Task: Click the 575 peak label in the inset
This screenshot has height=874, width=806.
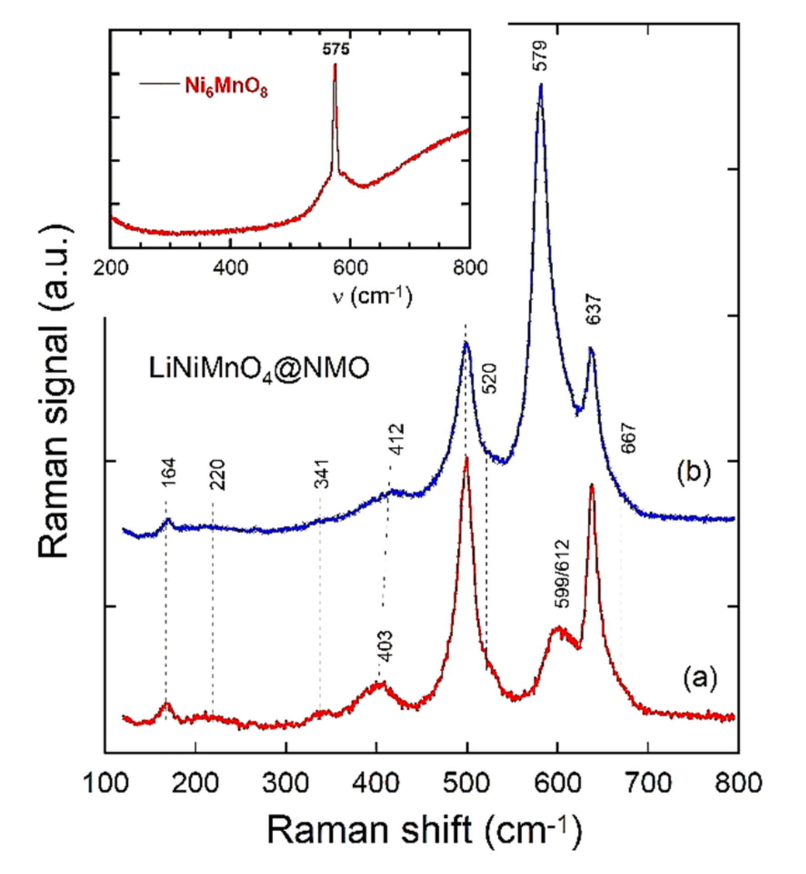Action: (x=336, y=49)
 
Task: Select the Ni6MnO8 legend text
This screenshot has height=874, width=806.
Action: (x=226, y=86)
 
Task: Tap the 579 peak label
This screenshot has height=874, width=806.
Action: (x=540, y=55)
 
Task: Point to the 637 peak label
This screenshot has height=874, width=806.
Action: (x=593, y=309)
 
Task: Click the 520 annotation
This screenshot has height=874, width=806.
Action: (x=490, y=378)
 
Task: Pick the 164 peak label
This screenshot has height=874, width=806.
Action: (x=169, y=473)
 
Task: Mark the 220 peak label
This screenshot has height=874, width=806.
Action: (x=217, y=475)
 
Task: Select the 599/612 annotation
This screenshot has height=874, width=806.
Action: (x=562, y=574)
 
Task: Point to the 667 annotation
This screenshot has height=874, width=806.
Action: (x=629, y=438)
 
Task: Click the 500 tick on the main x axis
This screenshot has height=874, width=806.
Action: (x=467, y=783)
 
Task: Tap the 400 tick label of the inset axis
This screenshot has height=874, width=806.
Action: (x=230, y=268)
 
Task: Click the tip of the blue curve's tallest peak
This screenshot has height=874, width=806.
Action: (x=541, y=84)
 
